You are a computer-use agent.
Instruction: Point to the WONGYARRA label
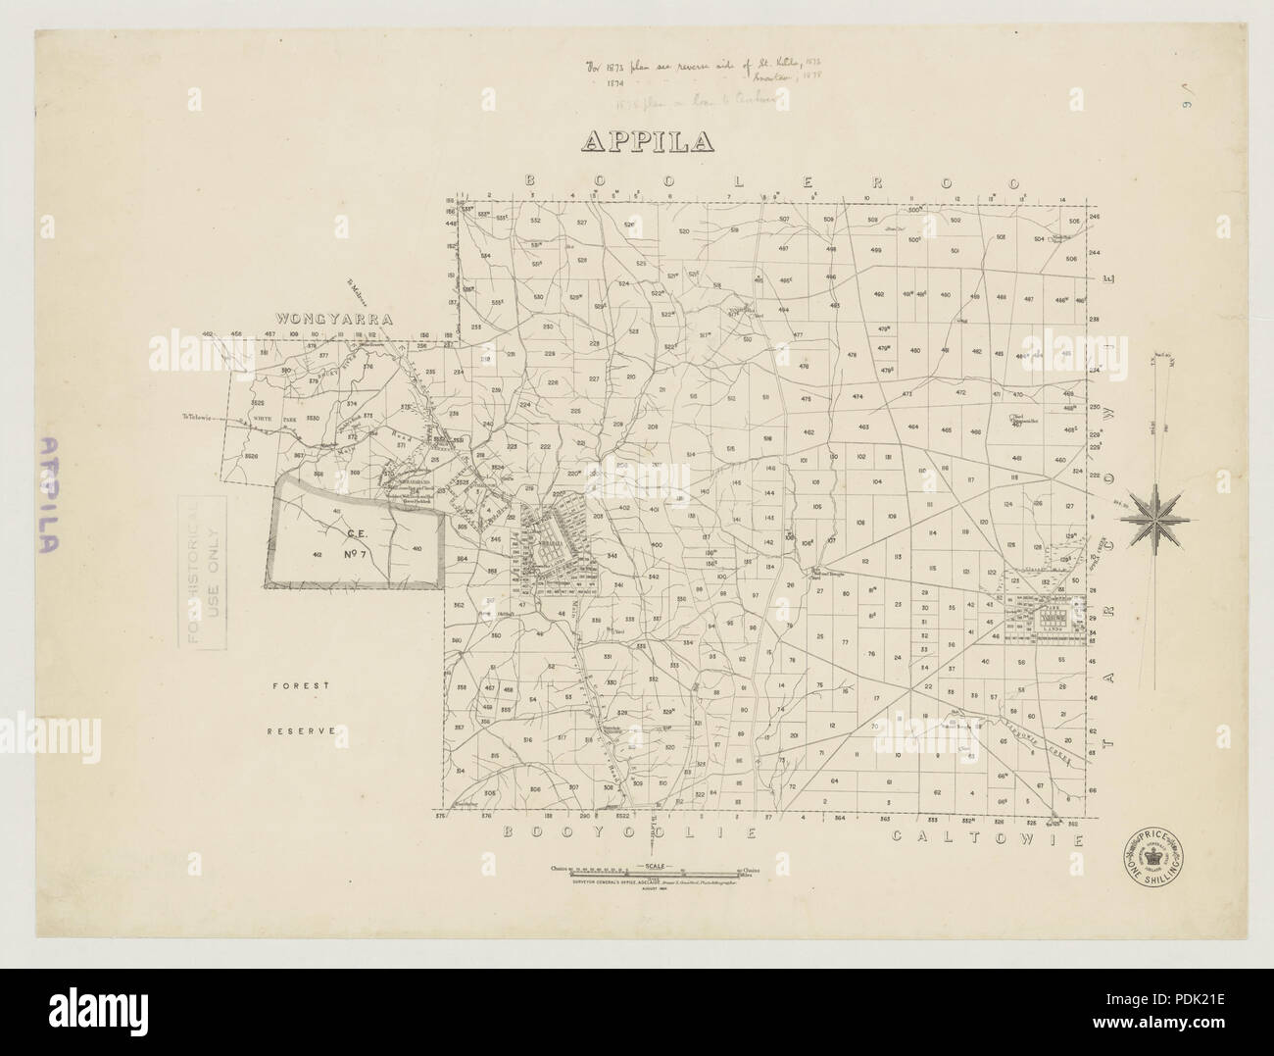[333, 319]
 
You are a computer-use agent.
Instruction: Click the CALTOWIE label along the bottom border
[987, 840]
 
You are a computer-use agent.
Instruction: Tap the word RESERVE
[305, 730]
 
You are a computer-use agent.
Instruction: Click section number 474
[857, 396]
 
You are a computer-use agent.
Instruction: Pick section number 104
[877, 481]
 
